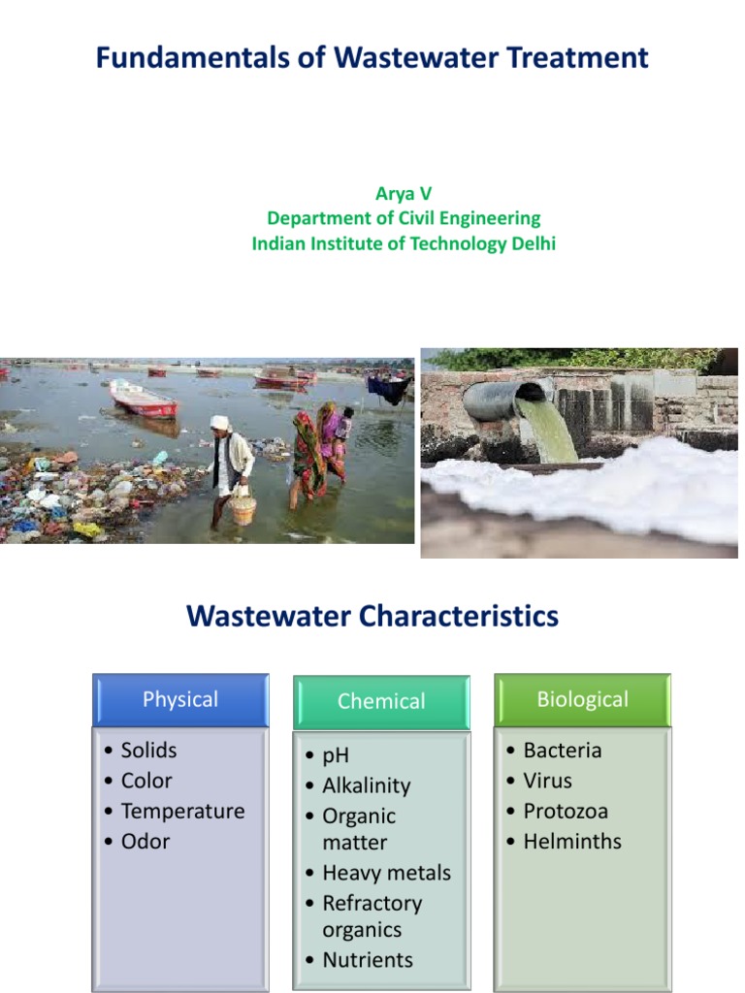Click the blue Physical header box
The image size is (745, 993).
pos(180,700)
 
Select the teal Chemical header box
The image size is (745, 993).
pos(381,702)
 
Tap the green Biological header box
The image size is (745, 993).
pos(582,700)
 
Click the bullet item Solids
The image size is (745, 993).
pos(148,751)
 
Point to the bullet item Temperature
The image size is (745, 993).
pos(182,812)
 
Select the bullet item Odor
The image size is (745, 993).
pos(146,842)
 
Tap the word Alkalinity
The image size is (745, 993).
pos(366,786)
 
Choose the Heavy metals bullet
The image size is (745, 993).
pos(386,873)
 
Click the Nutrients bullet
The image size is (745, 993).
pos(367,960)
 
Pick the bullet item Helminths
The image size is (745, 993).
pos(572,842)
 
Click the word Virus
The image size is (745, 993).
pos(547,781)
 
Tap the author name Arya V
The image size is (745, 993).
pos(404,194)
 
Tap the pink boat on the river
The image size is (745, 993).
pos(144,399)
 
